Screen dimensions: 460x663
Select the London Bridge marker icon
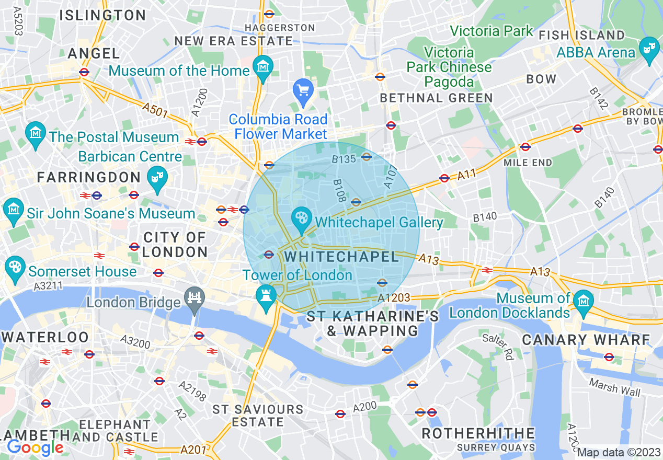click(195, 300)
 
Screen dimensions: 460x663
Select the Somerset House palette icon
click(14, 267)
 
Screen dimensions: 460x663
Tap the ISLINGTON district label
click(102, 15)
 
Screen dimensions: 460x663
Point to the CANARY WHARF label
click(586, 340)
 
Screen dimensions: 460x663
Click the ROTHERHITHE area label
click(478, 433)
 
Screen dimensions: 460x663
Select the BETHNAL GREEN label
click(436, 98)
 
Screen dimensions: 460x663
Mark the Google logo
click(35, 447)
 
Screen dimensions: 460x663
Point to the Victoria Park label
click(491, 31)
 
